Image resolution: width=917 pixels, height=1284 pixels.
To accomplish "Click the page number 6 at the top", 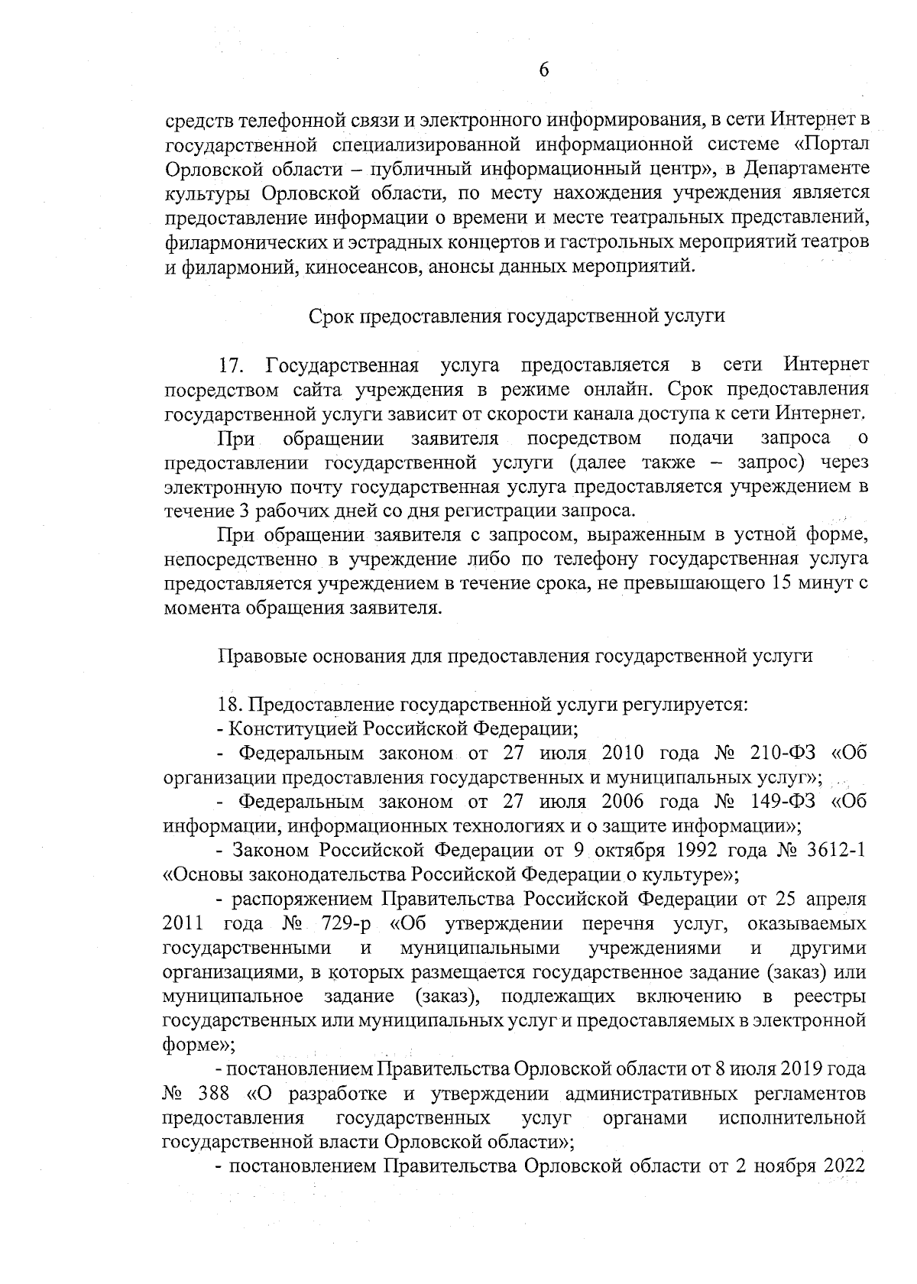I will pyautogui.click(x=543, y=70).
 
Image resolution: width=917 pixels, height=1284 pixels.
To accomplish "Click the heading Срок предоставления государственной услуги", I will pyautogui.click(x=517, y=317).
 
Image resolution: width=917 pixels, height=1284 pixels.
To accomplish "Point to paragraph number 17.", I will pyautogui.click(x=231, y=365).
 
